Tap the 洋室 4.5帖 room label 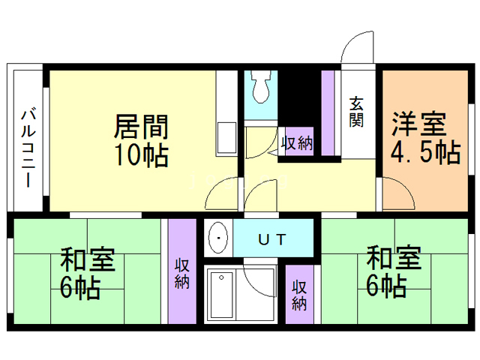424,138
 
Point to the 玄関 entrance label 355,113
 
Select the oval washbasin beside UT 218,239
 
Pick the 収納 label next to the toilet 296,142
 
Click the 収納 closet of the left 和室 181,273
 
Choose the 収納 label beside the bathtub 299,295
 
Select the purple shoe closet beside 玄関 328,112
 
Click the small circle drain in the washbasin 218,239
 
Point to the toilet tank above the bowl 260,76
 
